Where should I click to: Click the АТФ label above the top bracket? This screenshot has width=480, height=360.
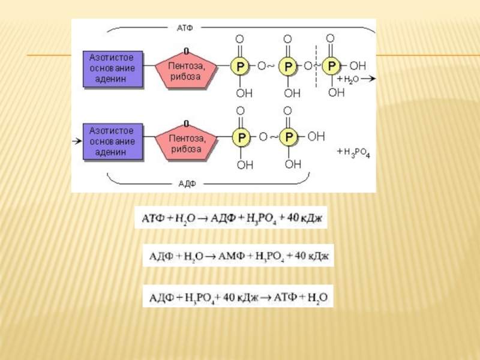coord(184,28)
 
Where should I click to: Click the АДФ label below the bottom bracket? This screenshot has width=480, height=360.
coord(187,183)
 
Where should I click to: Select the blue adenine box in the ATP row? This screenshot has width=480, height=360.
coord(112,69)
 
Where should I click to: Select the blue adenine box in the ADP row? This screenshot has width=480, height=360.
coord(112,141)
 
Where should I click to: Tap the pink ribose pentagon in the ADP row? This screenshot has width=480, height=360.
coord(186,142)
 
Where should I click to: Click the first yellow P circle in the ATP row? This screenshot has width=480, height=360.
coord(239,66)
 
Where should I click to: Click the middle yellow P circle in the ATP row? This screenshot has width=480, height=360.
coord(289,66)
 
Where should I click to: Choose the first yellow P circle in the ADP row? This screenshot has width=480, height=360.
coord(240,138)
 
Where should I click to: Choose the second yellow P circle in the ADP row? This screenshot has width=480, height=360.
coord(289,138)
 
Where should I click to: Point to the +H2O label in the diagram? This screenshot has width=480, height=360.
coord(348,79)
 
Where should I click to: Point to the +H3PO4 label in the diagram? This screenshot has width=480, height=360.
coord(354,154)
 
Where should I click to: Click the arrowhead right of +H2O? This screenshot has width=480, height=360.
coord(372,79)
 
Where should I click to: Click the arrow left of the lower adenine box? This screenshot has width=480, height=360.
coord(76,141)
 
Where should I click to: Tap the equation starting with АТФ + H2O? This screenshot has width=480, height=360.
coord(231,217)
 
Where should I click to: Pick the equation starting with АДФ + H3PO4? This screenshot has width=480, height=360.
coord(237,296)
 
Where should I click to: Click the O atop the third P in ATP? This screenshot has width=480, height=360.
coord(331,38)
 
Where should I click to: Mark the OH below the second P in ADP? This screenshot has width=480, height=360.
coord(292,164)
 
